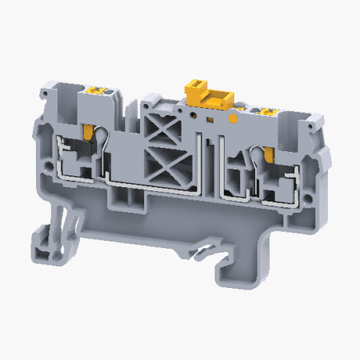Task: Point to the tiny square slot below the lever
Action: [210, 120]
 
